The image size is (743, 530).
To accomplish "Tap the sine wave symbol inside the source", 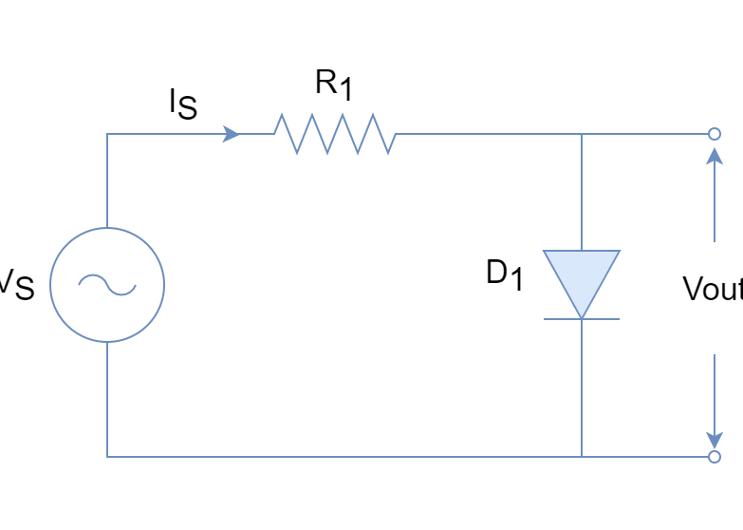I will pyautogui.click(x=106, y=284).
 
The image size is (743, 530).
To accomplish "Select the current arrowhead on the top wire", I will pyautogui.click(x=231, y=134).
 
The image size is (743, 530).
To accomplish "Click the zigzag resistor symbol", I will pyautogui.click(x=334, y=134).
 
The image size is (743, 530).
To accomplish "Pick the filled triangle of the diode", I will pyautogui.click(x=581, y=276).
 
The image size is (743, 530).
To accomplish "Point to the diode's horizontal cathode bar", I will pyautogui.click(x=581, y=319).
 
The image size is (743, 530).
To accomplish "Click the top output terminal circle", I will pyautogui.click(x=714, y=134).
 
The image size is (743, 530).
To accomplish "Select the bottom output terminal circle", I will pyautogui.click(x=714, y=457).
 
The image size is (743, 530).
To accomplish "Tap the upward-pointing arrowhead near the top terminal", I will pyautogui.click(x=714, y=156).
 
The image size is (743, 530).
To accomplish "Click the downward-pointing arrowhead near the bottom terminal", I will pyautogui.click(x=714, y=439).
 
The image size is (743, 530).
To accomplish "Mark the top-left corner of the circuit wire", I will pyautogui.click(x=106, y=134).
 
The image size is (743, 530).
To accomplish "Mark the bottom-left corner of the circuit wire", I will pyautogui.click(x=106, y=457).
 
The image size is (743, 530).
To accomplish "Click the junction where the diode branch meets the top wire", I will pyautogui.click(x=581, y=134).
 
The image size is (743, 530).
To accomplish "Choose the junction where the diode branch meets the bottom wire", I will pyautogui.click(x=581, y=457).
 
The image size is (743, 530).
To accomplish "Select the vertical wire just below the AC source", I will pyautogui.click(x=106, y=399).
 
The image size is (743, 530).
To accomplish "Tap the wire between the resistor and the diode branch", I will pyautogui.click(x=489, y=134).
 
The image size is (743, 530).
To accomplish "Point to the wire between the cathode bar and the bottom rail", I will pyautogui.click(x=581, y=389).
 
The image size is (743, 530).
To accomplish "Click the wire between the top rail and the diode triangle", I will pyautogui.click(x=581, y=190).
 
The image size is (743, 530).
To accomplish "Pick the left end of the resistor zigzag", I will pyautogui.click(x=274, y=133).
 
